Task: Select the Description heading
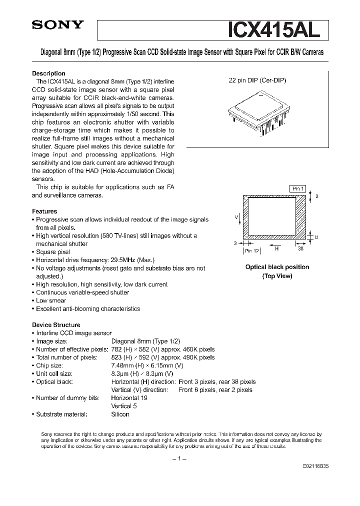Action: point(48,73)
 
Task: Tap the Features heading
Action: point(44,211)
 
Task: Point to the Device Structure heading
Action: point(56,324)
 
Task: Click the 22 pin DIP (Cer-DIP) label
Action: point(257,80)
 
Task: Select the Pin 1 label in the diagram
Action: point(297,188)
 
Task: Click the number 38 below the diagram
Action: point(300,248)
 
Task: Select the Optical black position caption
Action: point(277,267)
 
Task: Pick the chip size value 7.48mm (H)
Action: point(127,365)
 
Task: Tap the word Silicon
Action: point(120,414)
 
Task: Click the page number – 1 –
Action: point(179,458)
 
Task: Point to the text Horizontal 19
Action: point(128,398)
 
